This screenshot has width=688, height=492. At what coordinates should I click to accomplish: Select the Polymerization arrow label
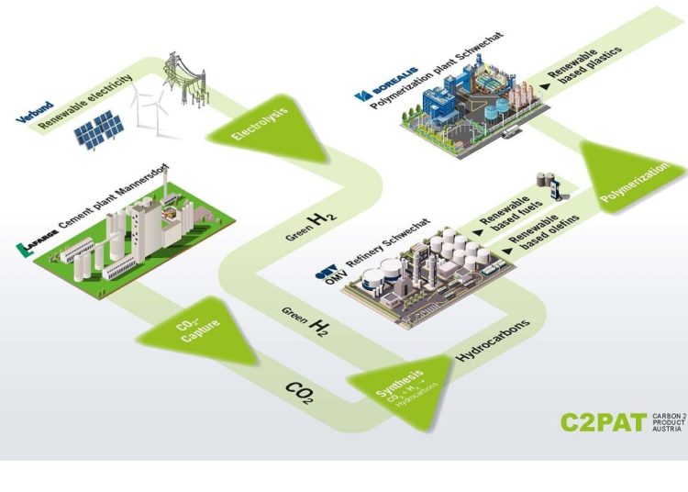click(629, 183)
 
